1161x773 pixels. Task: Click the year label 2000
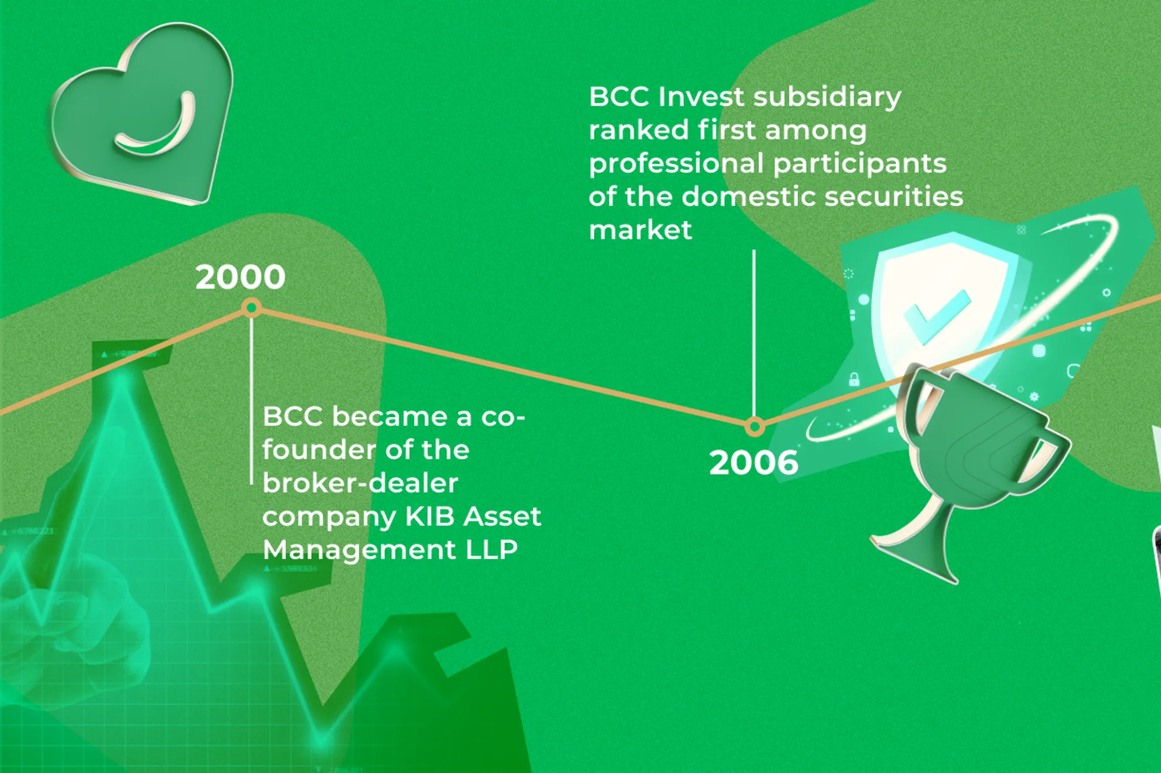240,277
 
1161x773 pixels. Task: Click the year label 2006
754,462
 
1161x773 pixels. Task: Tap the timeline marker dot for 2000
252,308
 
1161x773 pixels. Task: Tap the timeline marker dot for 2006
755,427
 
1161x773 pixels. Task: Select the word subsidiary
827,98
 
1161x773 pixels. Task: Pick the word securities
893,197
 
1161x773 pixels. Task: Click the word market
640,230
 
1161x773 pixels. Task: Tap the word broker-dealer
360,483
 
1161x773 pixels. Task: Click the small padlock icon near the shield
854,379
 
